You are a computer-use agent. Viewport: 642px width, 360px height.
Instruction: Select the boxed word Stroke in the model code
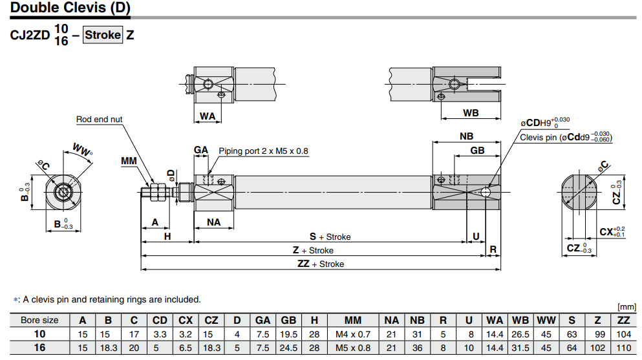(x=103, y=34)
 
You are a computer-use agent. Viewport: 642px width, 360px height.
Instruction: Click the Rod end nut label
(x=99, y=120)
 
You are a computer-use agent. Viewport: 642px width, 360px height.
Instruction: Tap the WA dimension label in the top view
(x=207, y=116)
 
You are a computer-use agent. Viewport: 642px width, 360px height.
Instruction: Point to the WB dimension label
(x=471, y=112)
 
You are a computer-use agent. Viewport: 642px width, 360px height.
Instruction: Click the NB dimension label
(x=466, y=136)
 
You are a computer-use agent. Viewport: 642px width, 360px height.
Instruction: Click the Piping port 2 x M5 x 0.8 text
(x=263, y=151)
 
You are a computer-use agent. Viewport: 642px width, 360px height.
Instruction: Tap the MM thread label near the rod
(x=129, y=160)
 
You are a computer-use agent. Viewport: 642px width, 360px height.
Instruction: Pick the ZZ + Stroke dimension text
(x=321, y=264)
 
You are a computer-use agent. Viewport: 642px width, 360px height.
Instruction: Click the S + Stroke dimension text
(x=330, y=237)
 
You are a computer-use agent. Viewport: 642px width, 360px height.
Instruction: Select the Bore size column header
(x=39, y=320)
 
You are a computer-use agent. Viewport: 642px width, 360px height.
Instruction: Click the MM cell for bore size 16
(x=353, y=347)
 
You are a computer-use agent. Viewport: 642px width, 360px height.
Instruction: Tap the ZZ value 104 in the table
(x=623, y=334)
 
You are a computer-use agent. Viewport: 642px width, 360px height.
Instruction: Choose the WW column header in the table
(x=546, y=320)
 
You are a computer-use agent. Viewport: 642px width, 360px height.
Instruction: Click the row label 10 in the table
(x=39, y=334)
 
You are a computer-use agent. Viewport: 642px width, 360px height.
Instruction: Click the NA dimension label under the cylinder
(x=214, y=222)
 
